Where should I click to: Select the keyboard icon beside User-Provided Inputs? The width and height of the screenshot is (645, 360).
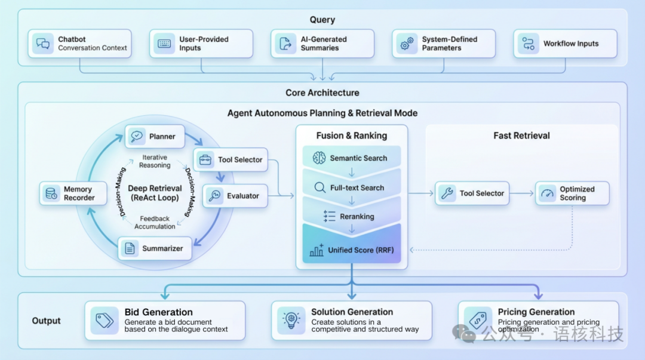[x=163, y=44]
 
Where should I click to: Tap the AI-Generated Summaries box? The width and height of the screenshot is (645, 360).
[x=322, y=44]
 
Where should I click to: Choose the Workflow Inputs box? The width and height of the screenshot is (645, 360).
[x=564, y=44]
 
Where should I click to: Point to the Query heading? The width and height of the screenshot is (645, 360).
[x=322, y=20]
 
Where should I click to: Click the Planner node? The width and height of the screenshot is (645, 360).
[x=155, y=136]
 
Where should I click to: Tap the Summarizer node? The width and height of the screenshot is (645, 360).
[x=155, y=248]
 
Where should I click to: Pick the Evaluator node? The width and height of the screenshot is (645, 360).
[x=235, y=196]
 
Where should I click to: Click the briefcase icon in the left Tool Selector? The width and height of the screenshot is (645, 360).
[x=205, y=159]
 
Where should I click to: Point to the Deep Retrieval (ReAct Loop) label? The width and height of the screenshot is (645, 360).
[x=155, y=193]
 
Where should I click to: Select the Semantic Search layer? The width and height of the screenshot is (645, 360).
[x=351, y=158]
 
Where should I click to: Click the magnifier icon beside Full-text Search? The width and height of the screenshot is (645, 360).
[x=320, y=187]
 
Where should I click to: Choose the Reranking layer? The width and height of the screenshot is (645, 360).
[x=351, y=216]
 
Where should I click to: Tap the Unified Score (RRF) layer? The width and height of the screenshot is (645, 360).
[x=351, y=250]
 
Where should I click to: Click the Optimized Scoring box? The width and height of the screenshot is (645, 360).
[x=572, y=193]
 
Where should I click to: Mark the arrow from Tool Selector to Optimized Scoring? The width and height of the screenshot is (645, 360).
[x=522, y=193]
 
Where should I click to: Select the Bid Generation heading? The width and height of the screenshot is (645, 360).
[x=158, y=312]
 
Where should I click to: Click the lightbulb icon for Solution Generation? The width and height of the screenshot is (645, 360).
[x=291, y=321]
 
